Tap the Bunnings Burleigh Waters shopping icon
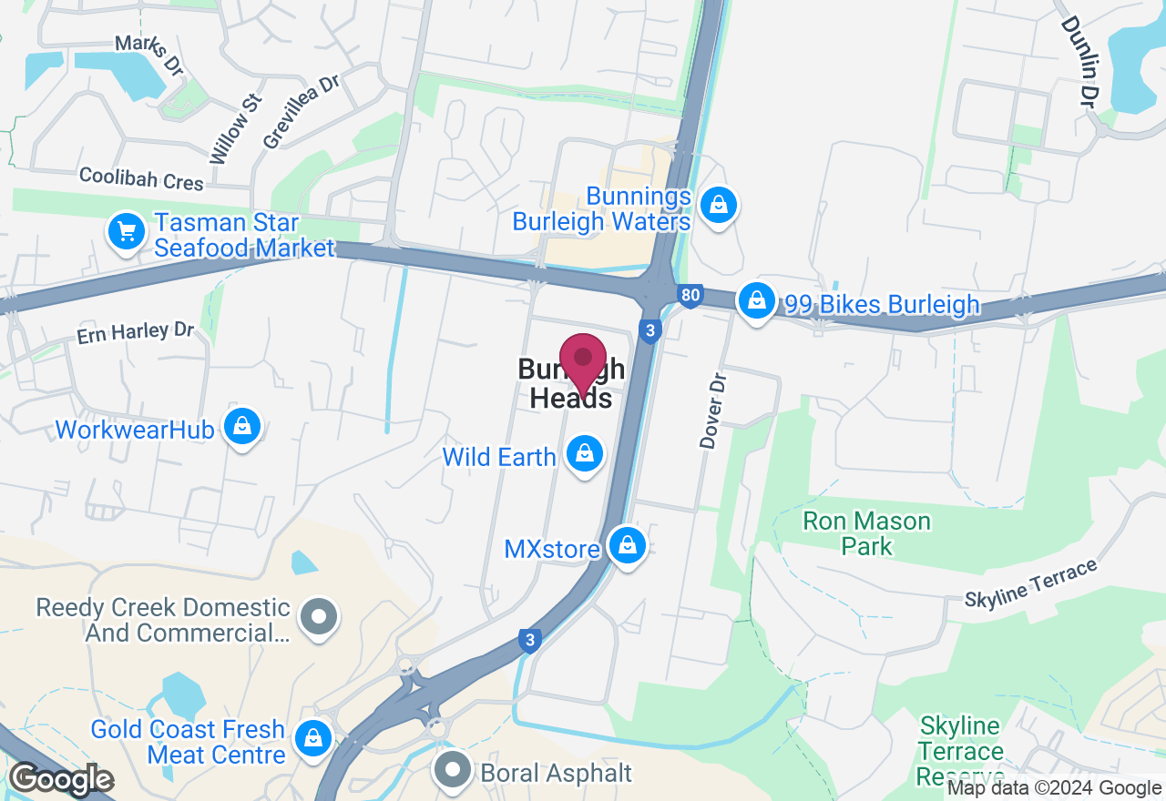(x=720, y=206)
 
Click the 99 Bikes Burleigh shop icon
(x=755, y=299)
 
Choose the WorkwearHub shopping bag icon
(x=242, y=427)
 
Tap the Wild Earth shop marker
(x=584, y=452)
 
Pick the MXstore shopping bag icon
(x=627, y=546)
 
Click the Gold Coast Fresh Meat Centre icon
(x=313, y=738)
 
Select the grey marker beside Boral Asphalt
(x=453, y=770)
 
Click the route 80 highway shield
(x=690, y=295)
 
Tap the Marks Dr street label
(x=149, y=55)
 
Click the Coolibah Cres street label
(x=141, y=178)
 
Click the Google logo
(x=61, y=779)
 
